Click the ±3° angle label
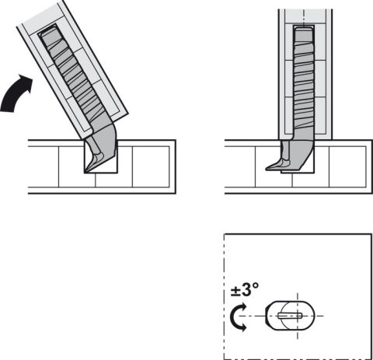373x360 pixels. [245, 289]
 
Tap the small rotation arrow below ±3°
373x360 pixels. [238, 316]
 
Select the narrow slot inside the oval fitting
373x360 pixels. [290, 316]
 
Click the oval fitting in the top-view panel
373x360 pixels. [290, 316]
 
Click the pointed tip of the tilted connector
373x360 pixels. [86, 171]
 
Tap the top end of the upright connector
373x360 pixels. [304, 29]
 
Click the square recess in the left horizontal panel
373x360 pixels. [101, 156]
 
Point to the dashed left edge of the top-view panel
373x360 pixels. [224, 296]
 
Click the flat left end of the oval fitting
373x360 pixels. [266, 316]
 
